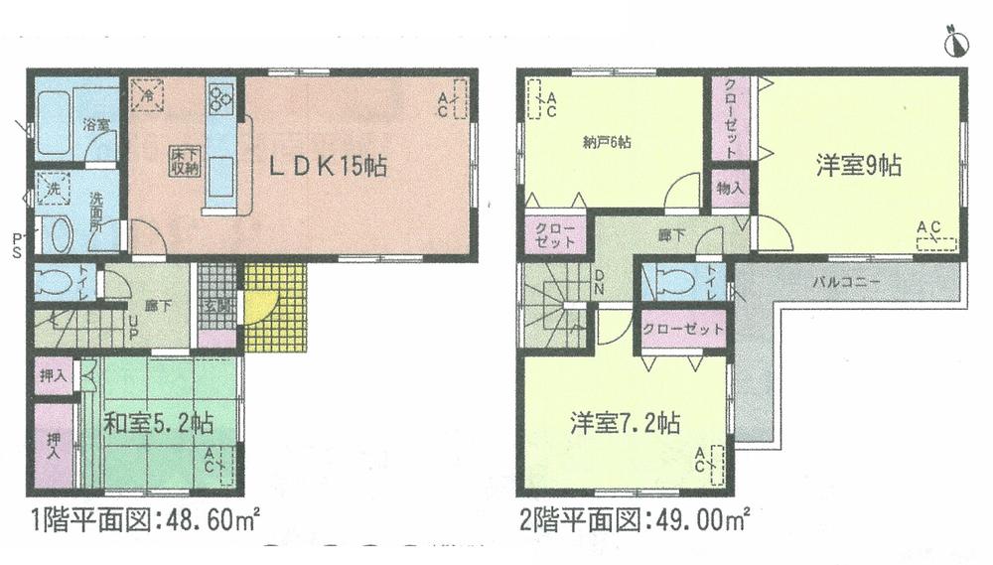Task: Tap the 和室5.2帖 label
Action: point(160,424)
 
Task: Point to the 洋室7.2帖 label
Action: point(625,424)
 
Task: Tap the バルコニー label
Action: point(846,282)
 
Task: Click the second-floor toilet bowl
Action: point(678,282)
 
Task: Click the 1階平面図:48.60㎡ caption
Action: point(145,519)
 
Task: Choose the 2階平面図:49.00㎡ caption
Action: point(634,519)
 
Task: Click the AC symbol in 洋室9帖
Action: point(934,236)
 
